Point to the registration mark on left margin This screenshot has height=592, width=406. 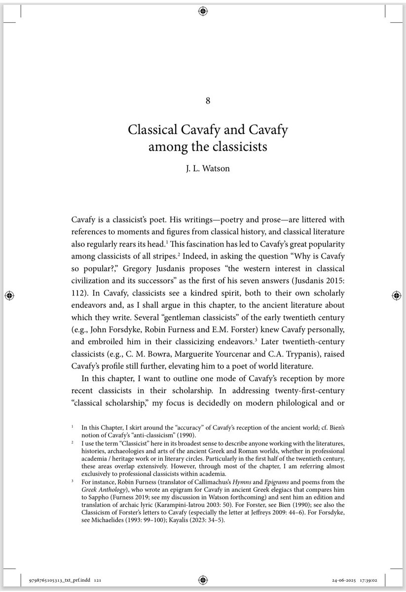(8, 295)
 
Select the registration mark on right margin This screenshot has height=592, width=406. (398, 295)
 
